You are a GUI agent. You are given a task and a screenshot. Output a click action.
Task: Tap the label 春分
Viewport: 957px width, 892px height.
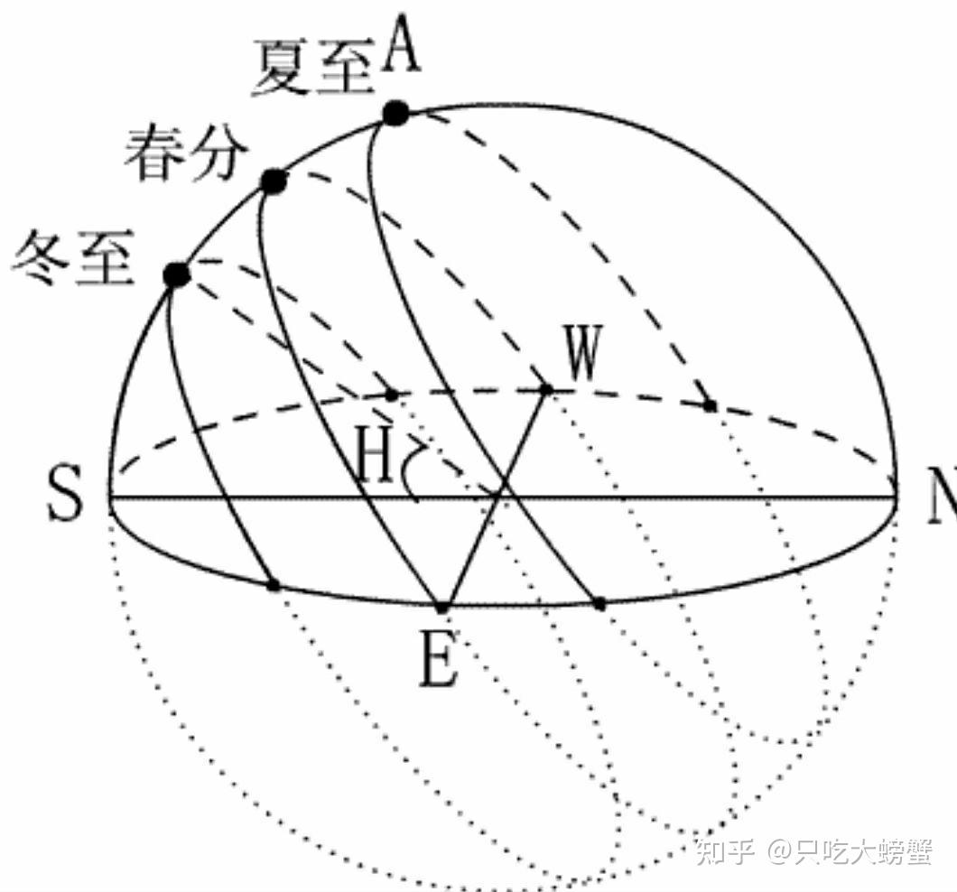click(185, 153)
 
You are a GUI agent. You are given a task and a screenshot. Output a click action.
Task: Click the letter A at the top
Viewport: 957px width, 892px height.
click(402, 47)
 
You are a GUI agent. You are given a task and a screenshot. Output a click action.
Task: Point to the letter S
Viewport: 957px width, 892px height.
click(64, 496)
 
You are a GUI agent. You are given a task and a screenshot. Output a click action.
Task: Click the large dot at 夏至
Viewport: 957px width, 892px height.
click(395, 114)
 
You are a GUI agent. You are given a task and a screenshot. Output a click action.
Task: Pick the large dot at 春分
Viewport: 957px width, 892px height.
click(273, 182)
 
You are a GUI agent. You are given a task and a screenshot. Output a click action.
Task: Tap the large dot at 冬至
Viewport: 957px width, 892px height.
click(177, 274)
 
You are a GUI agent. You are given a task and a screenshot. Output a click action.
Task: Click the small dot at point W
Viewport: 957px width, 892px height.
click(546, 389)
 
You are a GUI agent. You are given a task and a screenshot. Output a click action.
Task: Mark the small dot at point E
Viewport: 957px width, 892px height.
click(442, 606)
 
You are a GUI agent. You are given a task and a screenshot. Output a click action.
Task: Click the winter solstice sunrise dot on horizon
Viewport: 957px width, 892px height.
click(274, 585)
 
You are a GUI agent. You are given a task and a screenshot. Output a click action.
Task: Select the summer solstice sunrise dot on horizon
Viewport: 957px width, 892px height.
click(599, 602)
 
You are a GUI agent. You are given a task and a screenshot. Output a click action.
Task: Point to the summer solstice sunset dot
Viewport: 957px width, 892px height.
click(711, 406)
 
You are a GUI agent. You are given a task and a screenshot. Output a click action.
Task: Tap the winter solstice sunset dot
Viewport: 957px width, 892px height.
click(391, 395)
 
